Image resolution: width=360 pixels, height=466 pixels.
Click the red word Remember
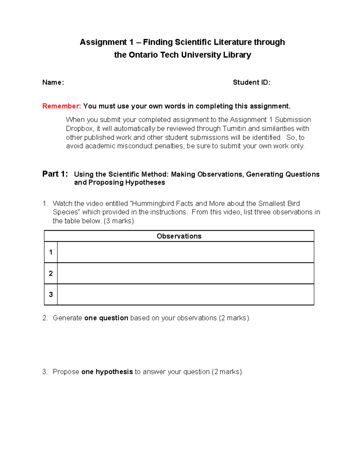(x=61, y=106)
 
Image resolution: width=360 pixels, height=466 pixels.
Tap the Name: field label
(x=53, y=83)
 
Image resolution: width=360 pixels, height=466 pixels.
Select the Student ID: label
(x=251, y=83)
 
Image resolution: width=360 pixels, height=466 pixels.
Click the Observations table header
(x=179, y=236)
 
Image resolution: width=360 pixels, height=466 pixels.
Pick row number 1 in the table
(x=51, y=252)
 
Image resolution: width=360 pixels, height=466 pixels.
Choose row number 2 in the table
(x=51, y=273)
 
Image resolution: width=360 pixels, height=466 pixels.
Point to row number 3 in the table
(x=51, y=294)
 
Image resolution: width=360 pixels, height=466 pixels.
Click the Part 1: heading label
(x=55, y=174)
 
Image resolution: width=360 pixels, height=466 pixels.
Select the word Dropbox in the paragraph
(x=79, y=129)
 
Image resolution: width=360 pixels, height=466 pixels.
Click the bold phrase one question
(x=106, y=318)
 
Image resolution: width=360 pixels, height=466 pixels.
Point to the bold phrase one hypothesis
(x=107, y=372)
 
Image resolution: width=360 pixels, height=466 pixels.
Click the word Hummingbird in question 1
(x=153, y=203)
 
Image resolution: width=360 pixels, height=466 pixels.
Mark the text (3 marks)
(x=118, y=221)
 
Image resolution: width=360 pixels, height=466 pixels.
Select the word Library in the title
(x=237, y=55)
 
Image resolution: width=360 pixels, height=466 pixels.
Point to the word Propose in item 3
(x=66, y=372)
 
